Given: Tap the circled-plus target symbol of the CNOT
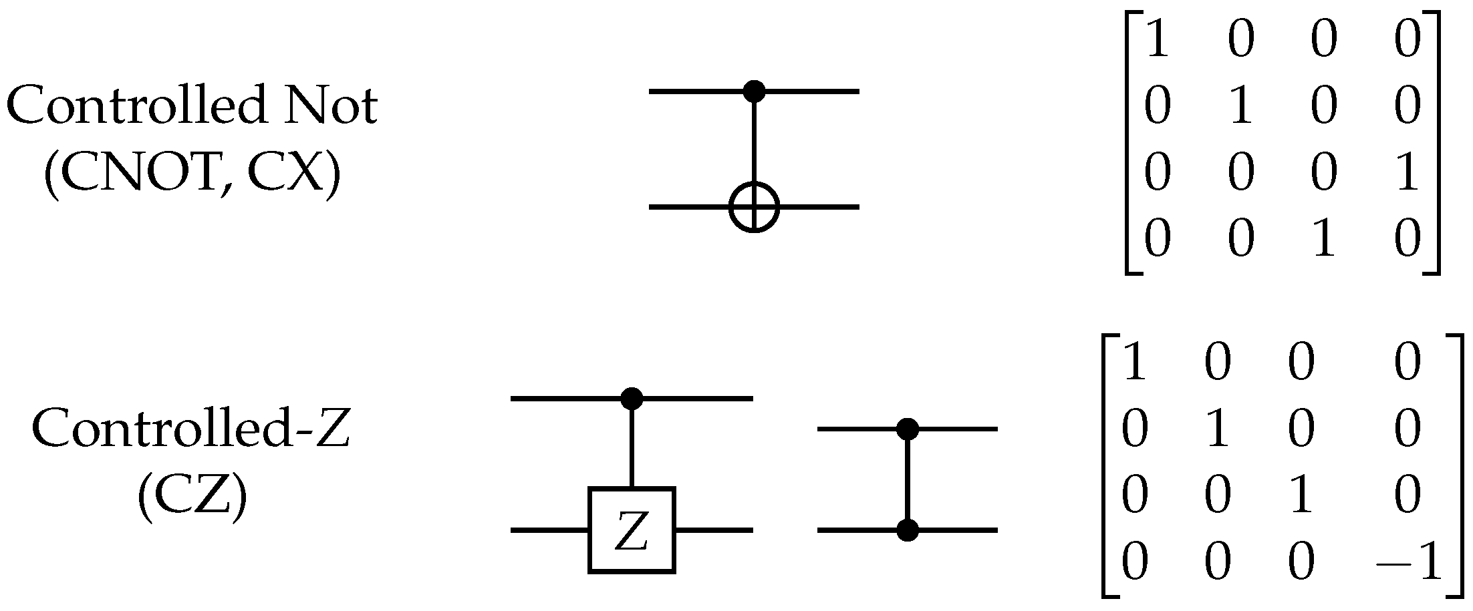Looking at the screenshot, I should (754, 207).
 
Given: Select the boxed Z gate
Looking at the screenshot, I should (632, 530).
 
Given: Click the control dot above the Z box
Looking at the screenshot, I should (632, 399).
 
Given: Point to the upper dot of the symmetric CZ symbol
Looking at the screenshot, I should (907, 429).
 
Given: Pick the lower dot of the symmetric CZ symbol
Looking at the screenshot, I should (907, 530).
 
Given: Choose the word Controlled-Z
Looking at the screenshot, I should (191, 427).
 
